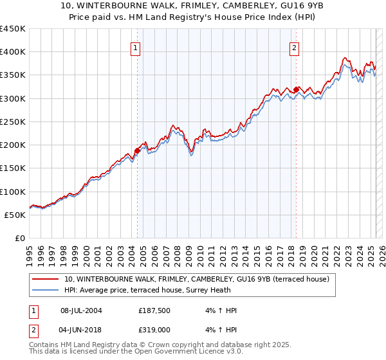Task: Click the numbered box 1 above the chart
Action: pos(136,47)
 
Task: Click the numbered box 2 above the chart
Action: pos(295,47)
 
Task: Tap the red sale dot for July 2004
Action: pos(137,151)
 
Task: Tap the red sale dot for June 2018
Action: pos(296,90)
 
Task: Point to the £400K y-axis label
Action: pos(13,52)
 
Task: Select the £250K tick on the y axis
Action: pos(13,122)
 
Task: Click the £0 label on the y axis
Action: pos(19,239)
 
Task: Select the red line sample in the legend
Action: pos(46,279)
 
